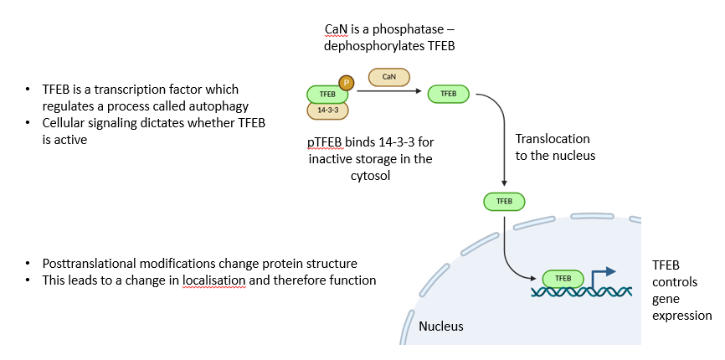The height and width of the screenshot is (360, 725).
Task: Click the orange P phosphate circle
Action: point(346,82)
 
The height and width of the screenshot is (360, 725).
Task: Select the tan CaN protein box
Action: point(388,77)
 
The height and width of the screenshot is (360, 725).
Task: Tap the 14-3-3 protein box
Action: point(327,110)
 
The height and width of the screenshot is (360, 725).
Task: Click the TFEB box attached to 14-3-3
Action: point(326,95)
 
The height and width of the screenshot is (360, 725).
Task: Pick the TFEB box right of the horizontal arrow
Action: point(448,94)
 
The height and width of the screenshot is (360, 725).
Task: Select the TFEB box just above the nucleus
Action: point(504,201)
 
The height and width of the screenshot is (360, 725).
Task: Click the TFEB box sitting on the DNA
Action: point(563,278)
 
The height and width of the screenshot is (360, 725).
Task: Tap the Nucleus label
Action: point(441,326)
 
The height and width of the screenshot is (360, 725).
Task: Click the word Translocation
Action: point(553,139)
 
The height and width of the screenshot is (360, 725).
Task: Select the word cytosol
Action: point(369,175)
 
